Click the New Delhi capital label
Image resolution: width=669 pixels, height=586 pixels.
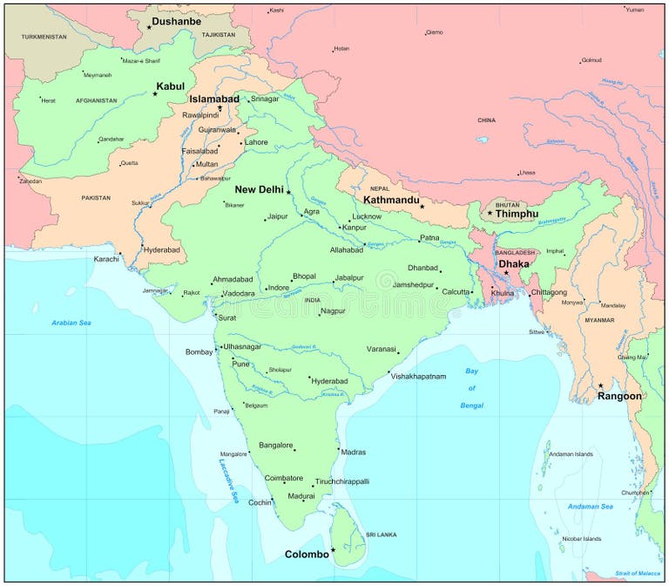[259, 189]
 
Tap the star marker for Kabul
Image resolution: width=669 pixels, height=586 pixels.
[155, 93]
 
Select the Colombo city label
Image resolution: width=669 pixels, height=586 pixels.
[307, 555]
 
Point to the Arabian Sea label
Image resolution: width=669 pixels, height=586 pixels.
[71, 323]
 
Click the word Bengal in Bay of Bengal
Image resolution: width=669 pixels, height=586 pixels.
[471, 405]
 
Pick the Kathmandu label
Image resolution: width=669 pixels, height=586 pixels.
[391, 200]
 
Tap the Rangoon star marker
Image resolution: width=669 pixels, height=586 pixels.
[600, 385]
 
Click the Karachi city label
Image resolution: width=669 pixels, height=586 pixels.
[106, 259]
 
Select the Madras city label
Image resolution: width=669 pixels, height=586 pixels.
[354, 452]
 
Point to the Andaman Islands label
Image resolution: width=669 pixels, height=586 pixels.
[571, 453]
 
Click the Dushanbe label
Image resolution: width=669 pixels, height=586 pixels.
[176, 21]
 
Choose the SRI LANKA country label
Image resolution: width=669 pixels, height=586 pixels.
[381, 534]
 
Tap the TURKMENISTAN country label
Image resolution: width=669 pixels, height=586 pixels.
[44, 37]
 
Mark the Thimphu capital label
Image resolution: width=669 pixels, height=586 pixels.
[517, 214]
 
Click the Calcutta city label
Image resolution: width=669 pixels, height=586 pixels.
[456, 292]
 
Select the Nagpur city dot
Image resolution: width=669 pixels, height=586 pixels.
[319, 314]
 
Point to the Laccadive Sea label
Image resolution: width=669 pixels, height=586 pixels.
[228, 480]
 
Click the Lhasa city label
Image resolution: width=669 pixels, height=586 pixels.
[526, 173]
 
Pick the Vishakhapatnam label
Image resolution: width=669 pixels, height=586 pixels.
[418, 377]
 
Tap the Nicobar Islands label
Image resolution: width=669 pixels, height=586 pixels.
[580, 539]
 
